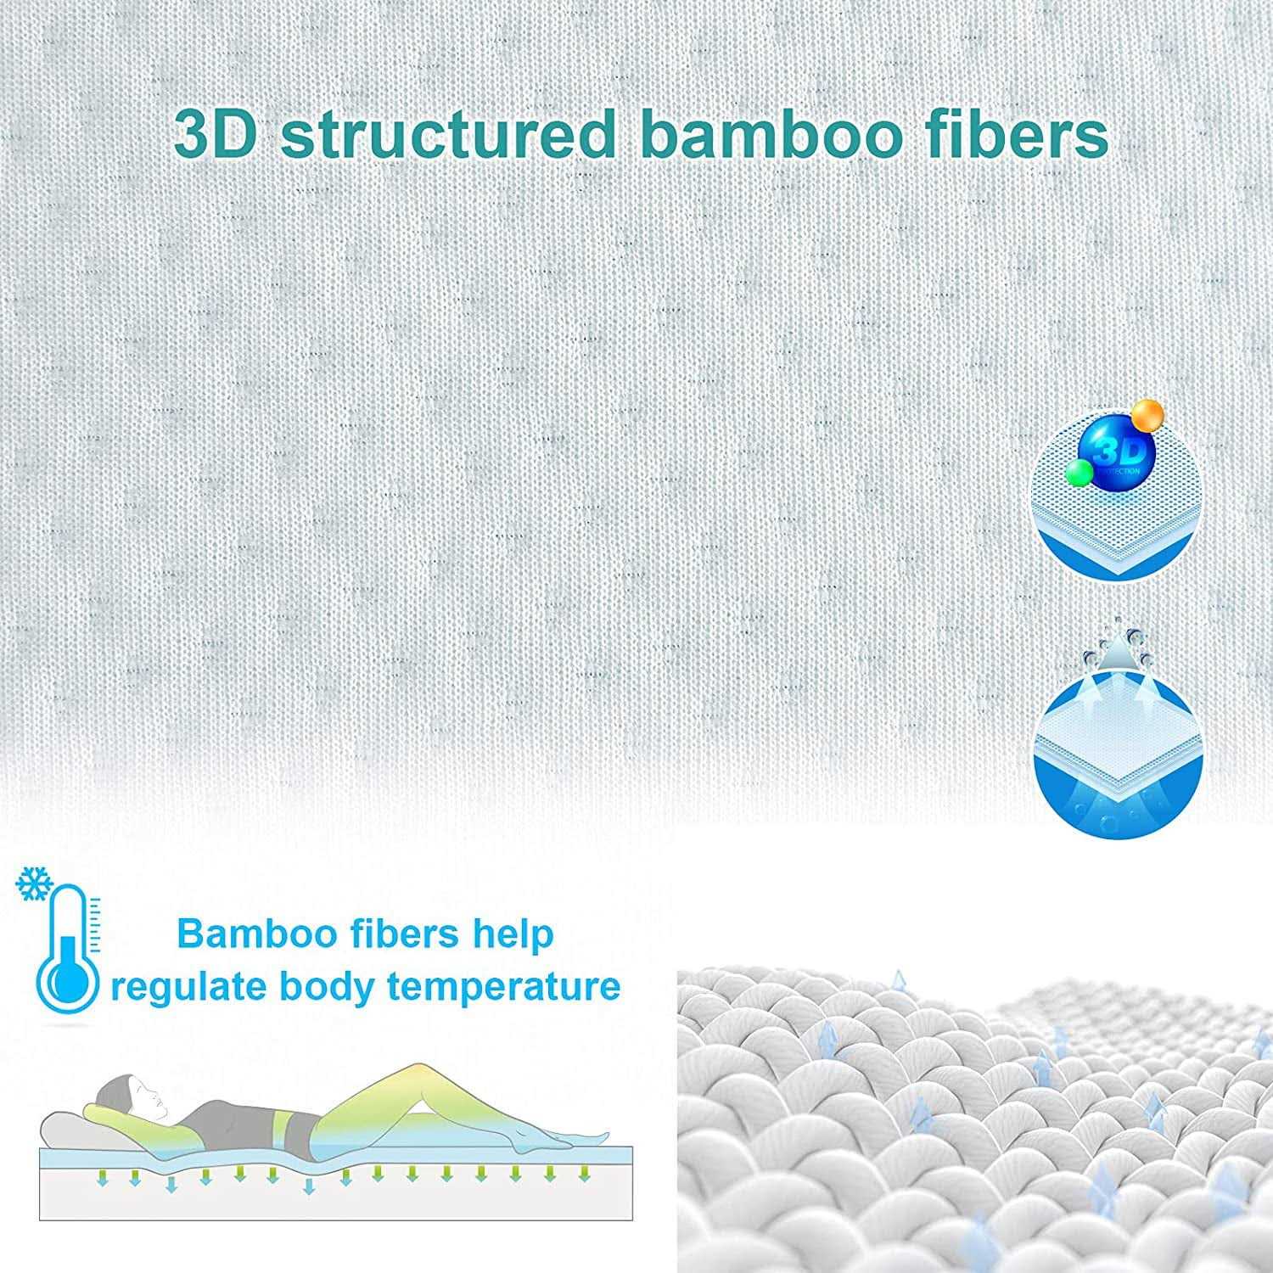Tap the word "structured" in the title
[447, 133]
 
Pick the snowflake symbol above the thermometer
[35, 884]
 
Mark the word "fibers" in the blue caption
[406, 934]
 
